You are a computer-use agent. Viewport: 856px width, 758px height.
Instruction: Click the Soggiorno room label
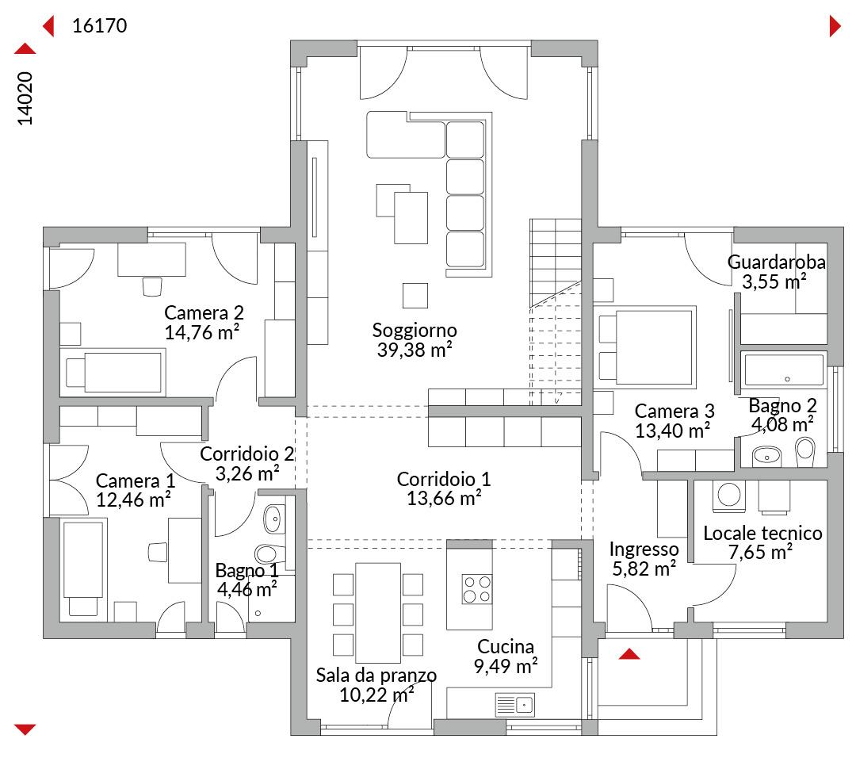pyautogui.click(x=415, y=331)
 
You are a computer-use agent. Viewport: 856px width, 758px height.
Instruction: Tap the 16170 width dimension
pyautogui.click(x=99, y=25)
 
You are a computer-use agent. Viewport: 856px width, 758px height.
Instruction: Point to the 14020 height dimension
pyautogui.click(x=25, y=98)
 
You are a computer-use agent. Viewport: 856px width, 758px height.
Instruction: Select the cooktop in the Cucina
pyautogui.click(x=476, y=588)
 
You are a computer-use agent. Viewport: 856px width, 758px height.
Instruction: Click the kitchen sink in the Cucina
pyautogui.click(x=515, y=705)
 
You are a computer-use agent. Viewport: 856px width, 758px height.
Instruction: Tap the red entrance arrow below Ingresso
pyautogui.click(x=629, y=653)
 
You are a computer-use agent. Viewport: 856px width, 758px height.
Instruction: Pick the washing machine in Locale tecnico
pyautogui.click(x=729, y=496)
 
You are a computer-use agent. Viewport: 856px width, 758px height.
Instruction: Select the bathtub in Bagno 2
pyautogui.click(x=784, y=369)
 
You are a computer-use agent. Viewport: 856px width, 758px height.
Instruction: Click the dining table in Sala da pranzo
pyautogui.click(x=378, y=612)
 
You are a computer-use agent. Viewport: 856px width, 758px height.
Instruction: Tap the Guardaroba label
pyautogui.click(x=776, y=262)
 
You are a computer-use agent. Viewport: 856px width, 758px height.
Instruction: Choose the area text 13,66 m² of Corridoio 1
pyautogui.click(x=444, y=499)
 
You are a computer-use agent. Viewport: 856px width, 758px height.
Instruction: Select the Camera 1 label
pyautogui.click(x=136, y=480)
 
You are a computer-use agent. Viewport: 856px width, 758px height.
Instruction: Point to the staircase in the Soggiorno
pyautogui.click(x=555, y=312)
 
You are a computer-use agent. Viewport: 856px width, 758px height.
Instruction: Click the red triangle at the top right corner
pyautogui.click(x=835, y=25)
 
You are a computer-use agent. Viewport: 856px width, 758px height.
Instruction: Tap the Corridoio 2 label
pyautogui.click(x=247, y=454)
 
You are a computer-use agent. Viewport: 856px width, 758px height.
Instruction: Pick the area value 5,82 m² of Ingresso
pyautogui.click(x=644, y=569)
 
